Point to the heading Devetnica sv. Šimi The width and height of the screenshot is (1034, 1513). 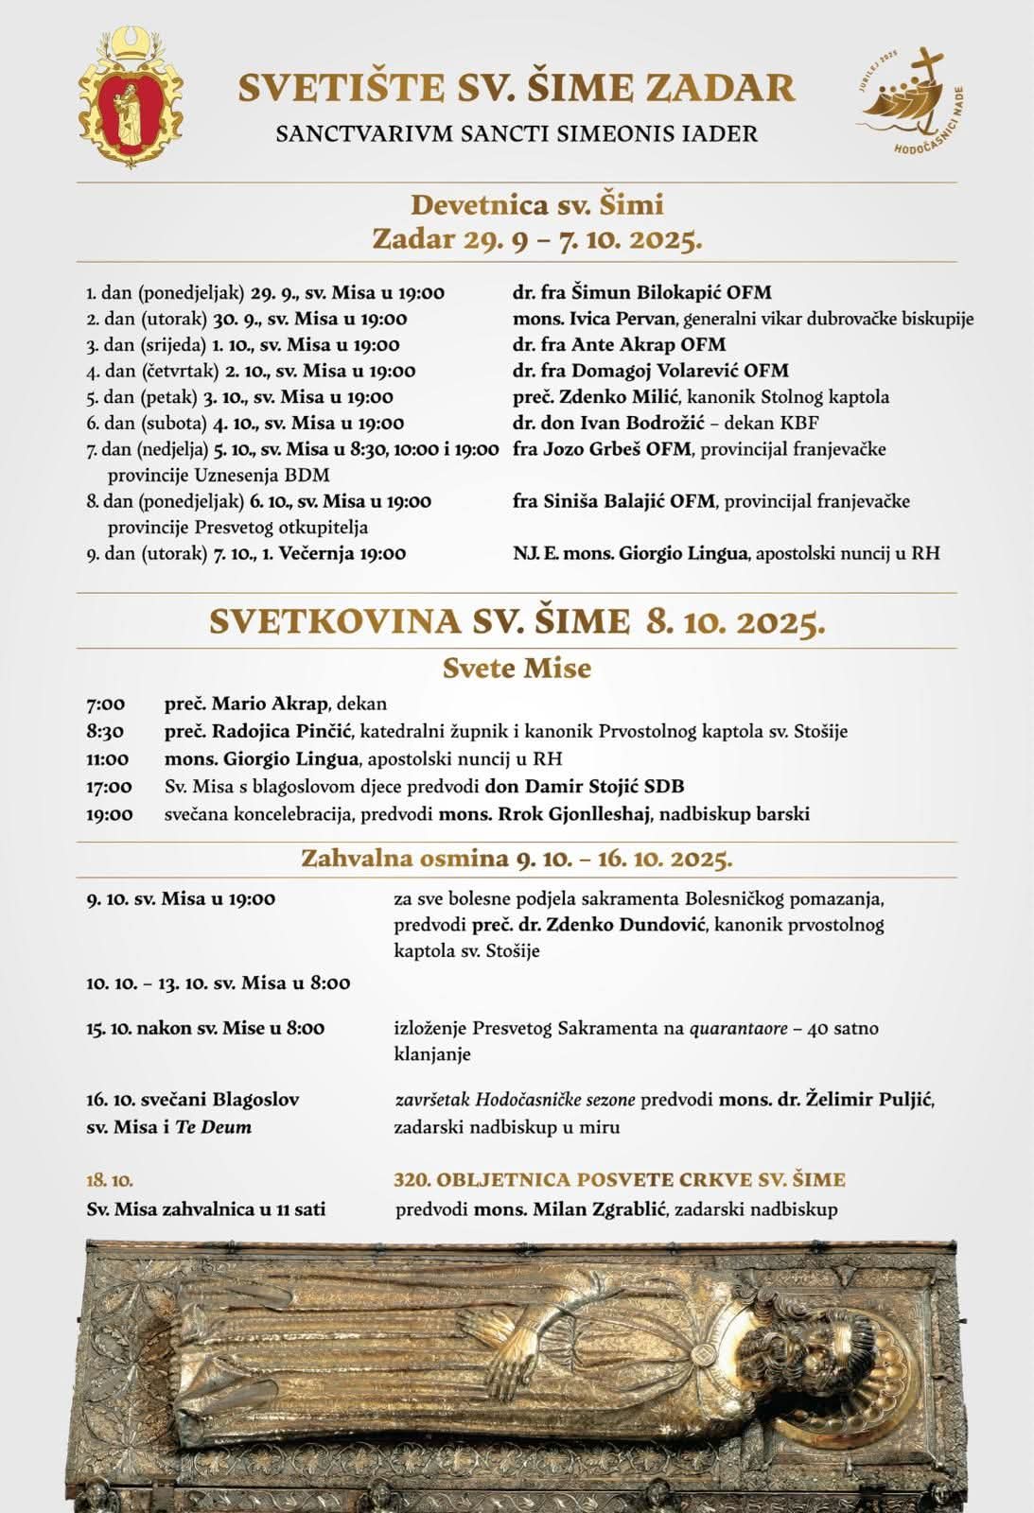[x=536, y=204]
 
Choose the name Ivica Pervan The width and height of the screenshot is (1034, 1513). [x=620, y=319]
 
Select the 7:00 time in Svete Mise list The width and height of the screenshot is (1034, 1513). [x=105, y=704]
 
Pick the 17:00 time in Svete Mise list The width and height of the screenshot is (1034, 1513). [x=109, y=787]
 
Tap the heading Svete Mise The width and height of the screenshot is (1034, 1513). [x=517, y=669]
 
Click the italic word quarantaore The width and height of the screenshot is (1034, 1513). [x=738, y=1028]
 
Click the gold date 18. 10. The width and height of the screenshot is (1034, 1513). [x=110, y=1180]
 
